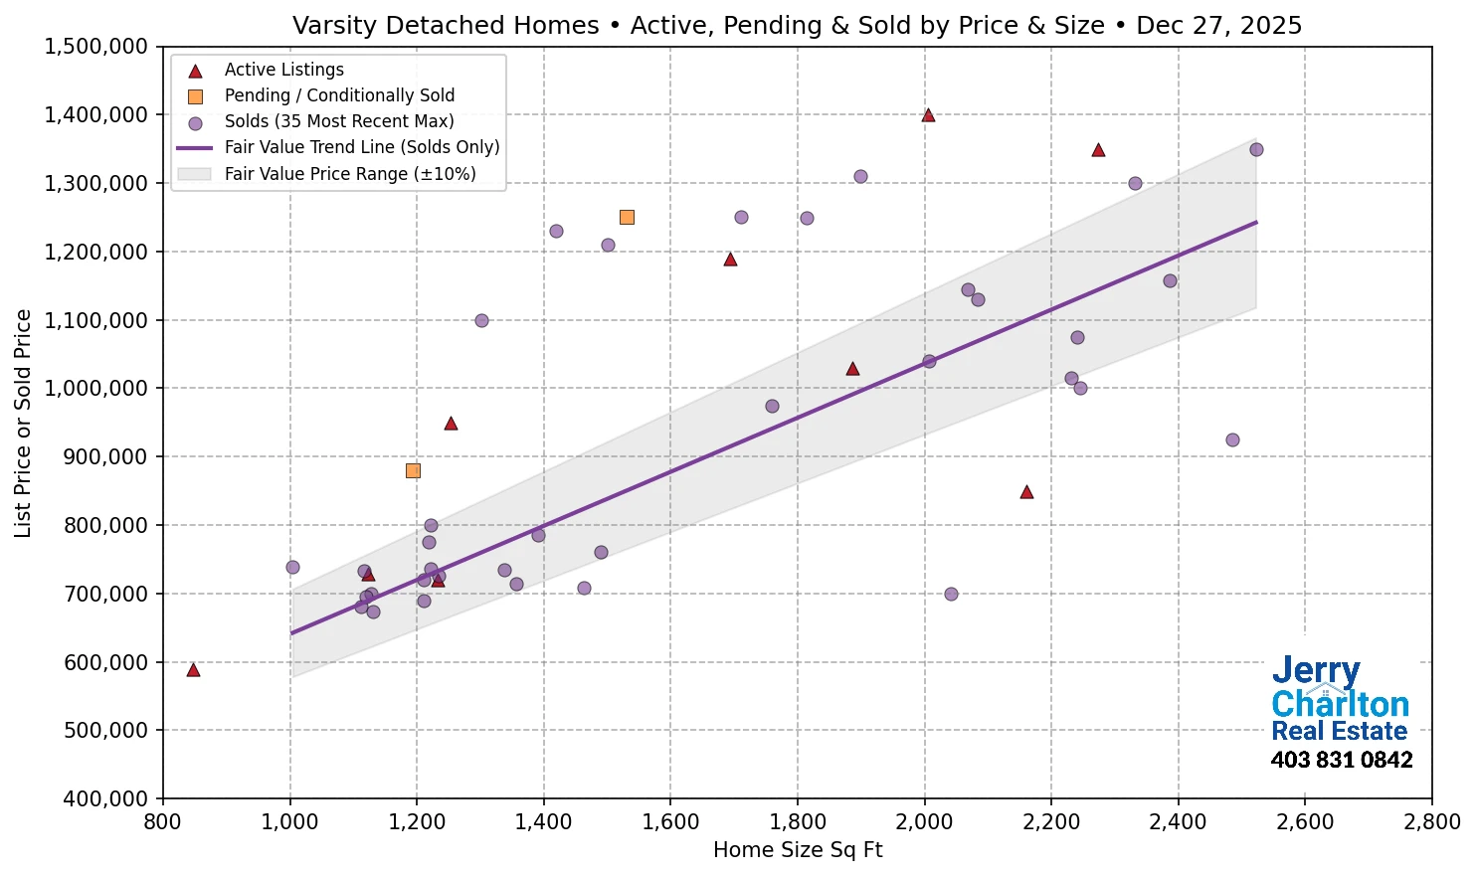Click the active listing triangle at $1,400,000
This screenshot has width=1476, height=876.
[x=928, y=115]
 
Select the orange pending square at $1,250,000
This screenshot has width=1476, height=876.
[x=627, y=217]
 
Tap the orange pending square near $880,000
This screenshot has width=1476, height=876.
[x=413, y=470]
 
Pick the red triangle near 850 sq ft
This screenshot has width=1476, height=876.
[x=193, y=670]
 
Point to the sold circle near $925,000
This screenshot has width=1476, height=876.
[x=1232, y=439]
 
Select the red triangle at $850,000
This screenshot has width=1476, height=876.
[x=1026, y=492]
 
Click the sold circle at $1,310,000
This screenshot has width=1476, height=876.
[x=860, y=176]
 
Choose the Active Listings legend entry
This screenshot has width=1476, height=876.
[x=283, y=70]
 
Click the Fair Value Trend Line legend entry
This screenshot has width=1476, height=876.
[x=361, y=147]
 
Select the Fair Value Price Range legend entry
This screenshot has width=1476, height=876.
[x=349, y=174]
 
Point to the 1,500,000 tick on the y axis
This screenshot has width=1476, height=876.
[x=97, y=47]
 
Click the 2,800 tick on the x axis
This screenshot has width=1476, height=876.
[x=1432, y=822]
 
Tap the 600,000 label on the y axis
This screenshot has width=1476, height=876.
[x=97, y=662]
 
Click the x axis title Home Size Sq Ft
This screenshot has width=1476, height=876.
[x=798, y=850]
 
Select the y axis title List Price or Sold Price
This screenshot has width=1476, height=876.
[x=24, y=423]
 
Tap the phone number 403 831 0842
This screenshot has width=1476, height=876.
[x=1341, y=760]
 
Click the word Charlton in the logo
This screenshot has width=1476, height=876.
[x=1340, y=704]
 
